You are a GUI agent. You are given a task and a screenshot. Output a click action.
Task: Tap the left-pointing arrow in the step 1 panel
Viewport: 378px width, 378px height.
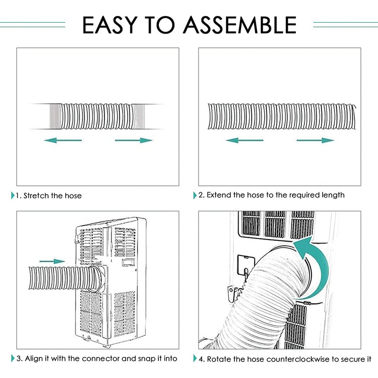(63, 140)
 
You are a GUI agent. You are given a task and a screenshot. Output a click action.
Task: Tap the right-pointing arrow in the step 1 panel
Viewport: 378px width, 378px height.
(134, 140)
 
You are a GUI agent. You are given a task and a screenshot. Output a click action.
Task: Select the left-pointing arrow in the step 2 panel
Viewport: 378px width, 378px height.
(244, 140)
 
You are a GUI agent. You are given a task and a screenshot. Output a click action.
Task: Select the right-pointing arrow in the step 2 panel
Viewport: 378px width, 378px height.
(315, 140)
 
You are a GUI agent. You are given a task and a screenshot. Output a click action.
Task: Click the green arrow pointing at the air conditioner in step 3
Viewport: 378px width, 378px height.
(52, 261)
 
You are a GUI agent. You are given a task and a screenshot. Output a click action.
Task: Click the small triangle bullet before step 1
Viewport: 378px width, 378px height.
(12, 196)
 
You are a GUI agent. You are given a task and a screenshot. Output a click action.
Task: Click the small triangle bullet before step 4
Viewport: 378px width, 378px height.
(195, 359)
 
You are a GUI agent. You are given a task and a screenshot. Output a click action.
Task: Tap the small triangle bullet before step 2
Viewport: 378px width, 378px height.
(195, 195)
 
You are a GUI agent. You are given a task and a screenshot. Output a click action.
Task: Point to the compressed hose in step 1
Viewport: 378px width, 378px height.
(94, 116)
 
